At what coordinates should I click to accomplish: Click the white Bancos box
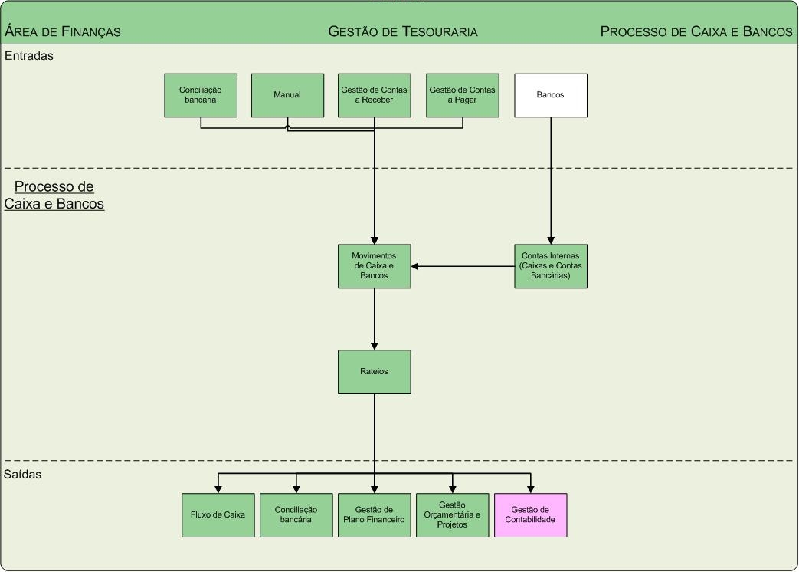(x=550, y=95)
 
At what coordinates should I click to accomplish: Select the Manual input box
(x=287, y=95)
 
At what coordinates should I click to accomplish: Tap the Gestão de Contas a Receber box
(x=374, y=95)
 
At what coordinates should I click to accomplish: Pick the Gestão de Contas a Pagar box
(x=462, y=95)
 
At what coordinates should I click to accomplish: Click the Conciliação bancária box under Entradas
(x=201, y=95)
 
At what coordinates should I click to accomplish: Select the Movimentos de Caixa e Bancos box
(x=374, y=266)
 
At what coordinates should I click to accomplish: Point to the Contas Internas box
(x=550, y=266)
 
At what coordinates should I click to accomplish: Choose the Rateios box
(x=374, y=372)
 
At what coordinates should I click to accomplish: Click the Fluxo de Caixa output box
(x=218, y=515)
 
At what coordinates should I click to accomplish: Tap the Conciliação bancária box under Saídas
(x=296, y=515)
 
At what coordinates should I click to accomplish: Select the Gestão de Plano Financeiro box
(x=374, y=515)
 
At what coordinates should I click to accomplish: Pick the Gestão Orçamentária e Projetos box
(x=452, y=515)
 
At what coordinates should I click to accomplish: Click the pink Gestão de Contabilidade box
(x=530, y=515)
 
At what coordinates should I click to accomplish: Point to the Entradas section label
(x=29, y=56)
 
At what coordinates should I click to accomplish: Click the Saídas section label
(x=23, y=475)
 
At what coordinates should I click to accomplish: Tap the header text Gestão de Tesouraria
(x=402, y=31)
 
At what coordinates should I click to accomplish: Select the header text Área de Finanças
(x=63, y=31)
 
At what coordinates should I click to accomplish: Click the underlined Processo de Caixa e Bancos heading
(x=54, y=196)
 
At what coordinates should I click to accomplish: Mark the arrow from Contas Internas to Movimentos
(x=463, y=267)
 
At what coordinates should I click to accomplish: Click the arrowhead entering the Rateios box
(x=375, y=346)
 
